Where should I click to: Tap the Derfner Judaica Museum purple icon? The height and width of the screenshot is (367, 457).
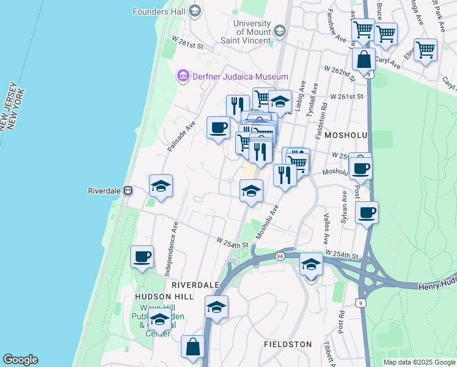click(x=182, y=76)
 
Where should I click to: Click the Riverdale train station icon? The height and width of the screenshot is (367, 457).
click(x=128, y=190)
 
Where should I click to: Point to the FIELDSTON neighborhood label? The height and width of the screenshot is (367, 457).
click(x=288, y=344)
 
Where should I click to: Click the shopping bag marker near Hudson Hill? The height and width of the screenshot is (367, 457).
click(x=193, y=347)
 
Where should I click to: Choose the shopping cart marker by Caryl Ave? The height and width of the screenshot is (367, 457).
click(x=425, y=49)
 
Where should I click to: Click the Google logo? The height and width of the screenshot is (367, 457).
click(x=20, y=360)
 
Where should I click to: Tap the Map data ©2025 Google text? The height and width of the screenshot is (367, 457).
click(x=419, y=362)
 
